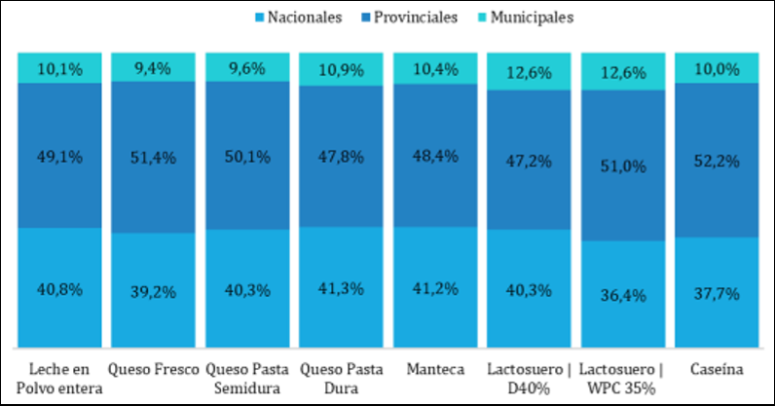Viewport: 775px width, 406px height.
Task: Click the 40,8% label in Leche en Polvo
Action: [x=60, y=289]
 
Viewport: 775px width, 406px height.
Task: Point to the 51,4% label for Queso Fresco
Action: [x=154, y=157]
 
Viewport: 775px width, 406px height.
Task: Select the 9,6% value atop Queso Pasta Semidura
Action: [x=247, y=69]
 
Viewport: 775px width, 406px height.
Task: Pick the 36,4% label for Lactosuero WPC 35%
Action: [x=623, y=294]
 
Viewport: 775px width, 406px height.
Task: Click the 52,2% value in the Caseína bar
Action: [x=718, y=158]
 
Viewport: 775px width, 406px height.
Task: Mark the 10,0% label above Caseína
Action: [x=718, y=68]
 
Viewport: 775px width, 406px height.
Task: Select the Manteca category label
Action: [x=435, y=369]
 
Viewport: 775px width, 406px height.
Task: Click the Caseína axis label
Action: [x=718, y=369]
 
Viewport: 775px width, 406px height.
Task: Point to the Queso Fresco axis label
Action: [x=154, y=369]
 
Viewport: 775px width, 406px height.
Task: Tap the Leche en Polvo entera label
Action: [x=60, y=378]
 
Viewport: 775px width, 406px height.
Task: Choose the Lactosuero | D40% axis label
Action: [x=529, y=378]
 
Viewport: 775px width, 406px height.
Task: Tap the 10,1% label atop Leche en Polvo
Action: [x=60, y=68]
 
